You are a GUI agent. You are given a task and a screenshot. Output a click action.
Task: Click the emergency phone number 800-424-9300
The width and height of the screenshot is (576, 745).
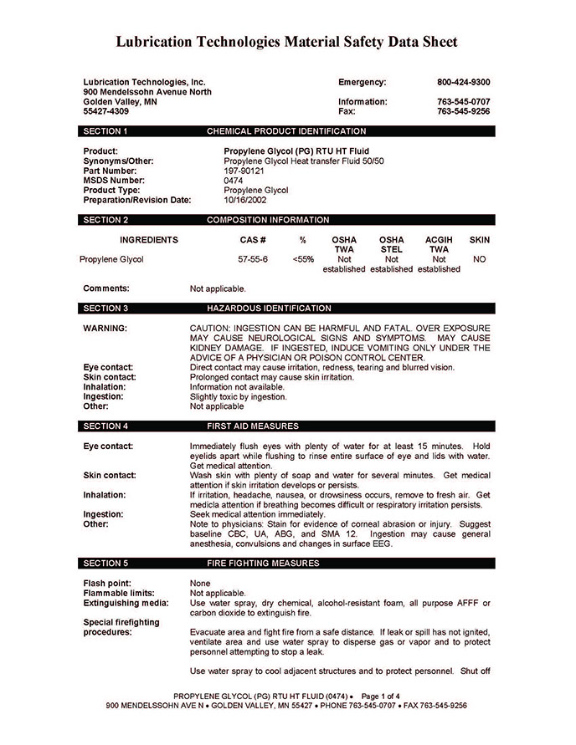[x=463, y=82]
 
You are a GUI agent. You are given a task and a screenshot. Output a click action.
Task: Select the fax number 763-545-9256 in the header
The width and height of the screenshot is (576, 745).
[x=463, y=111]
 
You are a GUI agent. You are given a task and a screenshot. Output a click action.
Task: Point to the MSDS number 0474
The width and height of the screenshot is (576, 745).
[x=234, y=181]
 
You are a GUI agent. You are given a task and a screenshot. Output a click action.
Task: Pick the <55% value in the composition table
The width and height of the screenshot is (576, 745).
[x=303, y=259]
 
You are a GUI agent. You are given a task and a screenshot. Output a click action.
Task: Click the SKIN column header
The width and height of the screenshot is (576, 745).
[x=480, y=240]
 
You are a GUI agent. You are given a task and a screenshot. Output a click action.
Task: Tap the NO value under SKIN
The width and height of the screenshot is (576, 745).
[x=480, y=259]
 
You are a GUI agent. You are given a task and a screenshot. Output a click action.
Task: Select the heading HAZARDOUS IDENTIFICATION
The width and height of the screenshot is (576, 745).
[x=269, y=309]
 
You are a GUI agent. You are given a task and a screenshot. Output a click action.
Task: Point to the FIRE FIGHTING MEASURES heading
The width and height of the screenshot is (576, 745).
[x=263, y=564]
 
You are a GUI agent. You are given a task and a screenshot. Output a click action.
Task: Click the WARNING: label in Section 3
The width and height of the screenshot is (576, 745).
[x=105, y=328]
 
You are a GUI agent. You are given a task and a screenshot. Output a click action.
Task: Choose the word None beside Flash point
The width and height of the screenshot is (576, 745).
[x=200, y=583]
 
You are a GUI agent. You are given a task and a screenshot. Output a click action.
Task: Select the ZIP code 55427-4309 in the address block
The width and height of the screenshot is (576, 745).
[x=106, y=111]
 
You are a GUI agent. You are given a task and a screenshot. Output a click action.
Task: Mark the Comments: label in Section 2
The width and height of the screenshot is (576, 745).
[x=106, y=288]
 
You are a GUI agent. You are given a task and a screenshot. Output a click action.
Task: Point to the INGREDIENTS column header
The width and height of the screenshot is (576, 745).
[x=149, y=240]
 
